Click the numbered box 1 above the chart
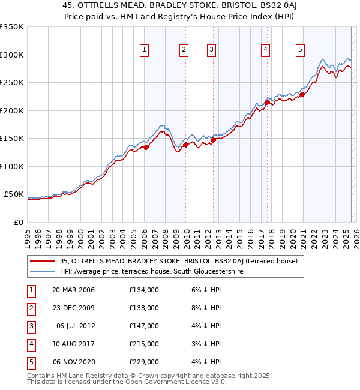pos(145,50)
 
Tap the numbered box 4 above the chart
pos(265,50)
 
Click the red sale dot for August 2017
pos(266,103)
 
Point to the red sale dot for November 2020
pos(302,94)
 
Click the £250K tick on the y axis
pos(13,83)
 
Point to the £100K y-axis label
pos(13,166)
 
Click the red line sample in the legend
pos(42,261)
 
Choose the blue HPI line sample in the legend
pos(42,271)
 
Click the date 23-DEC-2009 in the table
pos(74,308)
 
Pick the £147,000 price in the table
pos(144,326)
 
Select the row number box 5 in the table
pos(30,362)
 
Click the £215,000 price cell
pos(144,344)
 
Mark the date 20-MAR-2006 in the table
pos(74,290)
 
